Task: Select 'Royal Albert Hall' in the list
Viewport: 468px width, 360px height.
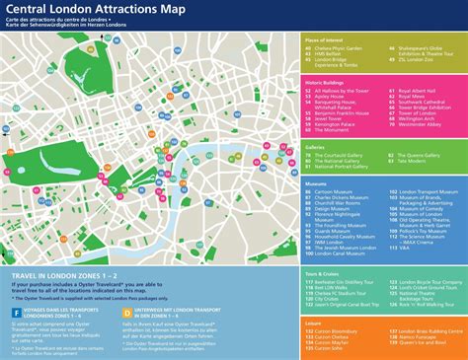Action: coord(418,91)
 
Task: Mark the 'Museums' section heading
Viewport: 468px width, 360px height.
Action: coord(317,182)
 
